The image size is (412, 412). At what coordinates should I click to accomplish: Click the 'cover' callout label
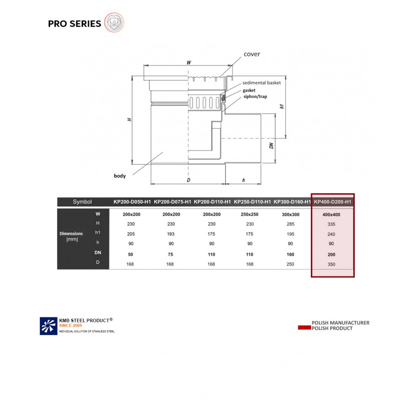pos(252,54)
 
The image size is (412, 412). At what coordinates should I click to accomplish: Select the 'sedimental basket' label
pos(261,83)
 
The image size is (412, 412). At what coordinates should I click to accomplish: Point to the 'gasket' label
pos(249,90)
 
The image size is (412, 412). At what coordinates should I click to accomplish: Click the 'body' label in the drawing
pos(119,175)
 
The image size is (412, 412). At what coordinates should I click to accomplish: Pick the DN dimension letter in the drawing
pos(271,146)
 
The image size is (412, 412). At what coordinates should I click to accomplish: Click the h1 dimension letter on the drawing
pos(282,106)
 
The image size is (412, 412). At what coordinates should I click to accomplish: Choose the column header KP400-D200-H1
pos(333,202)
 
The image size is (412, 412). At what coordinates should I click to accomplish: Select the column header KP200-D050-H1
pos(132,202)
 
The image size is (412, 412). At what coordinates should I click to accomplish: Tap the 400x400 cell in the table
pos(331,214)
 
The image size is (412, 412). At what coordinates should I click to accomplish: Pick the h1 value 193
pos(171,234)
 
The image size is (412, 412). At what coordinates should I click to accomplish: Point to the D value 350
pos(331,264)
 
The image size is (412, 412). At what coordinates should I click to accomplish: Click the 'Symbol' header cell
pos(82,202)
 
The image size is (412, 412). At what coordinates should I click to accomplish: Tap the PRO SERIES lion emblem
pos(114,22)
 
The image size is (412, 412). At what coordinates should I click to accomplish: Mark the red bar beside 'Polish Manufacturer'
pos(304,328)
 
